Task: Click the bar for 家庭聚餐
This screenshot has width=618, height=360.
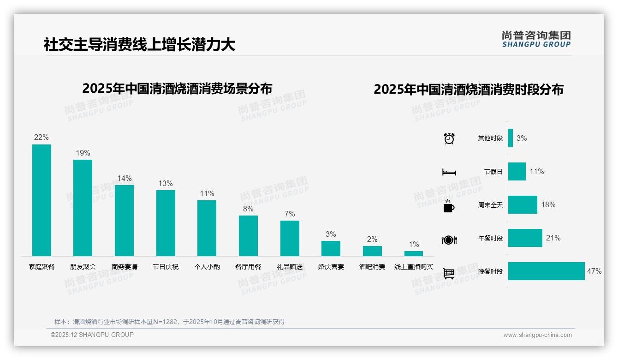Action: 42,200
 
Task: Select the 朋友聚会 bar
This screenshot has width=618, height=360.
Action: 83,208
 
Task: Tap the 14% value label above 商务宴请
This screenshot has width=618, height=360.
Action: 124,178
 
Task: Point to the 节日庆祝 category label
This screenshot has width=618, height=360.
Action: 166,267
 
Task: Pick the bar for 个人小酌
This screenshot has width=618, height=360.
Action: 207,228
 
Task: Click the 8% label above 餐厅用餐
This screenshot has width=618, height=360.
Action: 248,209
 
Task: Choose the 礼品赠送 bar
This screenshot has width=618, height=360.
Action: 290,238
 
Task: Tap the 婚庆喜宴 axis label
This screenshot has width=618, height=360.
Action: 331,267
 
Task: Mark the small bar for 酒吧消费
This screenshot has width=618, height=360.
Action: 372,251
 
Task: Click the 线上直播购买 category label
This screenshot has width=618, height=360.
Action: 414,267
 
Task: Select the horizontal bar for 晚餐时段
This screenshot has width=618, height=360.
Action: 546,271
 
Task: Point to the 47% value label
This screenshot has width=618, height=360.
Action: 594,271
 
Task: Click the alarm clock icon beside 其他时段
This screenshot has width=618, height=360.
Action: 449,138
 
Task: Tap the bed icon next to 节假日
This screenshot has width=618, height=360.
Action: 449,172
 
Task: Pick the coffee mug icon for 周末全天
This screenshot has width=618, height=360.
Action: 449,206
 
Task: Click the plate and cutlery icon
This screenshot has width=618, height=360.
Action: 449,240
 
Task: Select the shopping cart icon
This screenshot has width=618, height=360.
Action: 449,273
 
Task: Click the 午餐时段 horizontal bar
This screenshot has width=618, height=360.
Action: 525,238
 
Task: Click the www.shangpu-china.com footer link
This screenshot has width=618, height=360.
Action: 537,335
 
